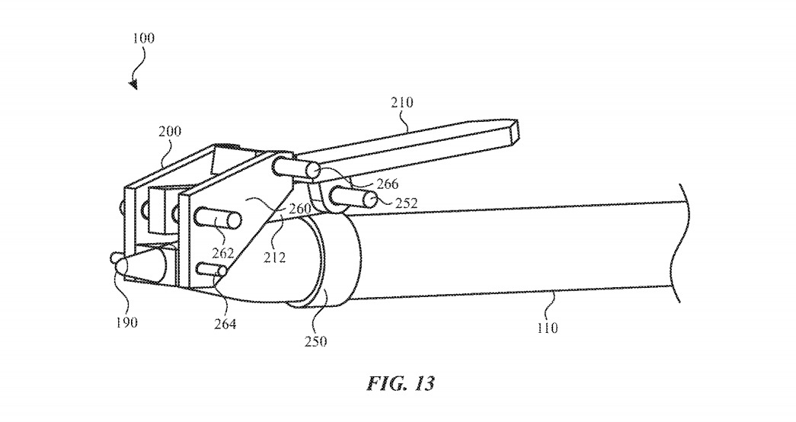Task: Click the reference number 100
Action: pyautogui.click(x=143, y=37)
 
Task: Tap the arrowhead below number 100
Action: pyautogui.click(x=134, y=85)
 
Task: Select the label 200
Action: pyautogui.click(x=169, y=131)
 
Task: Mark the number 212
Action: pyautogui.click(x=274, y=257)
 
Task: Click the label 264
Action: pyautogui.click(x=225, y=324)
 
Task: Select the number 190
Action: pyautogui.click(x=126, y=322)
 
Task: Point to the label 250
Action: pyautogui.click(x=315, y=341)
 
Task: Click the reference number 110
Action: pyautogui.click(x=546, y=328)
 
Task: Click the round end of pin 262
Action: pyautogui.click(x=235, y=222)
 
